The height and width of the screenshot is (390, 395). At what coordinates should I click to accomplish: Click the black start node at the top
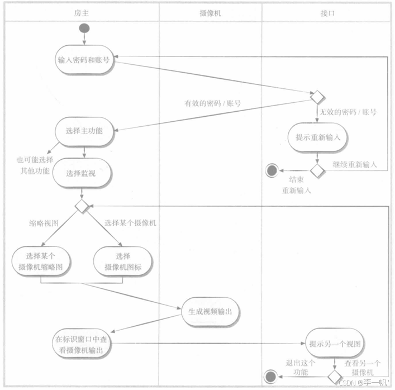84,28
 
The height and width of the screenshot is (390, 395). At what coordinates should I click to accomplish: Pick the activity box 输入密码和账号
84,60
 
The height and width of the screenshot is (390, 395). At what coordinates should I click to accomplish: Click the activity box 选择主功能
84,132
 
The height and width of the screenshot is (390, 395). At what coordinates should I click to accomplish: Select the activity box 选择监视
84,173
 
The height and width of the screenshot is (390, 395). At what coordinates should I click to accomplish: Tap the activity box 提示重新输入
318,137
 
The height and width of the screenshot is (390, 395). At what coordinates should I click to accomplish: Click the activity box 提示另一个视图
334,344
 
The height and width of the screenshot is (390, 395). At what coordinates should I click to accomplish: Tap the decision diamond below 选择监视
83,206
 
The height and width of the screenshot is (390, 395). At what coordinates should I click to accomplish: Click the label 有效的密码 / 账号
212,103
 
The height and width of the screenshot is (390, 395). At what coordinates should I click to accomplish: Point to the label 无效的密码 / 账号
348,112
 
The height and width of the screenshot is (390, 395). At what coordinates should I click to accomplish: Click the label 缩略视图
44,222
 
